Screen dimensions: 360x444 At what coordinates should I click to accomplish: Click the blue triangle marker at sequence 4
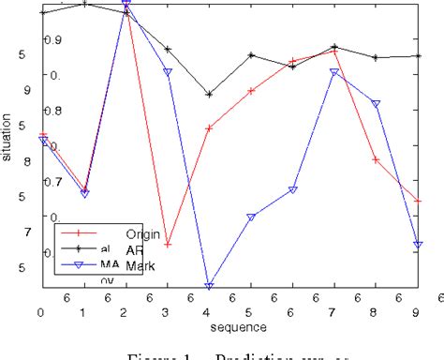click(209, 286)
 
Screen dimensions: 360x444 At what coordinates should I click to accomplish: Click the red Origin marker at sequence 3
click(168, 244)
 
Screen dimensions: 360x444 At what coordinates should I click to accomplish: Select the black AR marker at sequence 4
click(209, 95)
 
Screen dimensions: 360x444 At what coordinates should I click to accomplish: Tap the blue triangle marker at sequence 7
click(334, 72)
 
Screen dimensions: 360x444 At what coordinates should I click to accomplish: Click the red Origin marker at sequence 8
click(376, 159)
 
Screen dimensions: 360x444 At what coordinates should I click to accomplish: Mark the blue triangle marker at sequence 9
click(417, 245)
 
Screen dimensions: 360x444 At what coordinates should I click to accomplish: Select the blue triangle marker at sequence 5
click(251, 217)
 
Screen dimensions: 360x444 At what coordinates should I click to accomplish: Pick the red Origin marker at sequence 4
click(209, 127)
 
